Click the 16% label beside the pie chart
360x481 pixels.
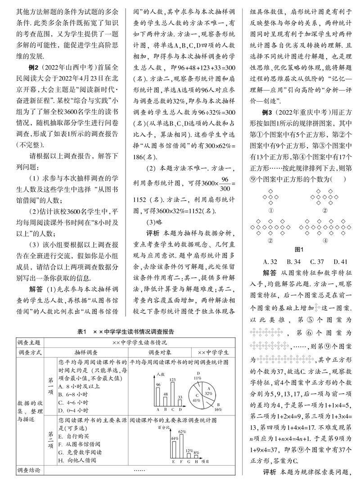pos(218,410)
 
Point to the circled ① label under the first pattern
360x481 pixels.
pos(271,210)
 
